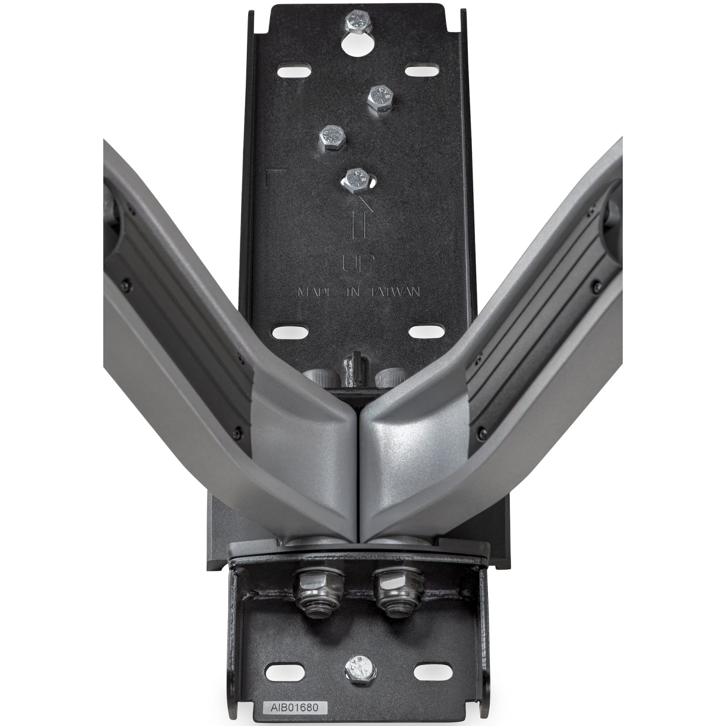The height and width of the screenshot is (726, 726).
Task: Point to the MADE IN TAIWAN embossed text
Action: tap(358, 292)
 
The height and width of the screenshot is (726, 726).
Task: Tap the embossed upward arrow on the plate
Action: tap(357, 218)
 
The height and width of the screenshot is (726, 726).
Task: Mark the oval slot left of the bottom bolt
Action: tap(281, 672)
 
